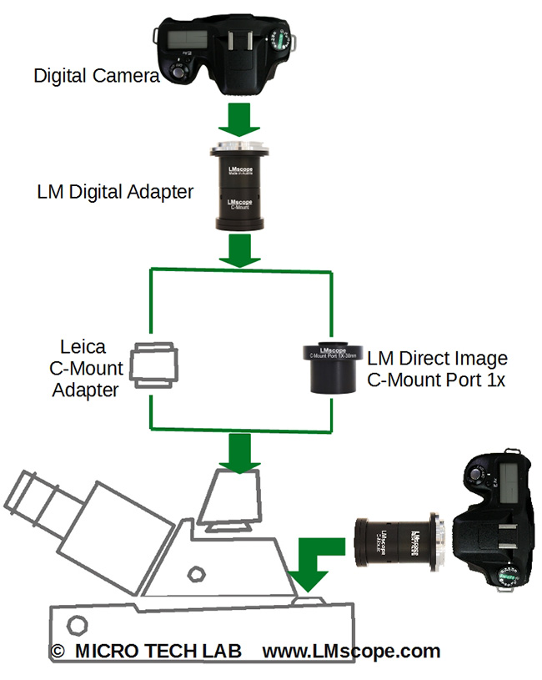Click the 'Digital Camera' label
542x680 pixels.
point(96,76)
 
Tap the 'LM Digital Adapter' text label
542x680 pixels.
point(115,192)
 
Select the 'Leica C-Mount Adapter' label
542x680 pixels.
point(92,368)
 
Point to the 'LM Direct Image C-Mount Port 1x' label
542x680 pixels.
point(436,370)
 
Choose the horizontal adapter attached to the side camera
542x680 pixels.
point(396,542)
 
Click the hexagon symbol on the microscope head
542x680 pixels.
point(198,575)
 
